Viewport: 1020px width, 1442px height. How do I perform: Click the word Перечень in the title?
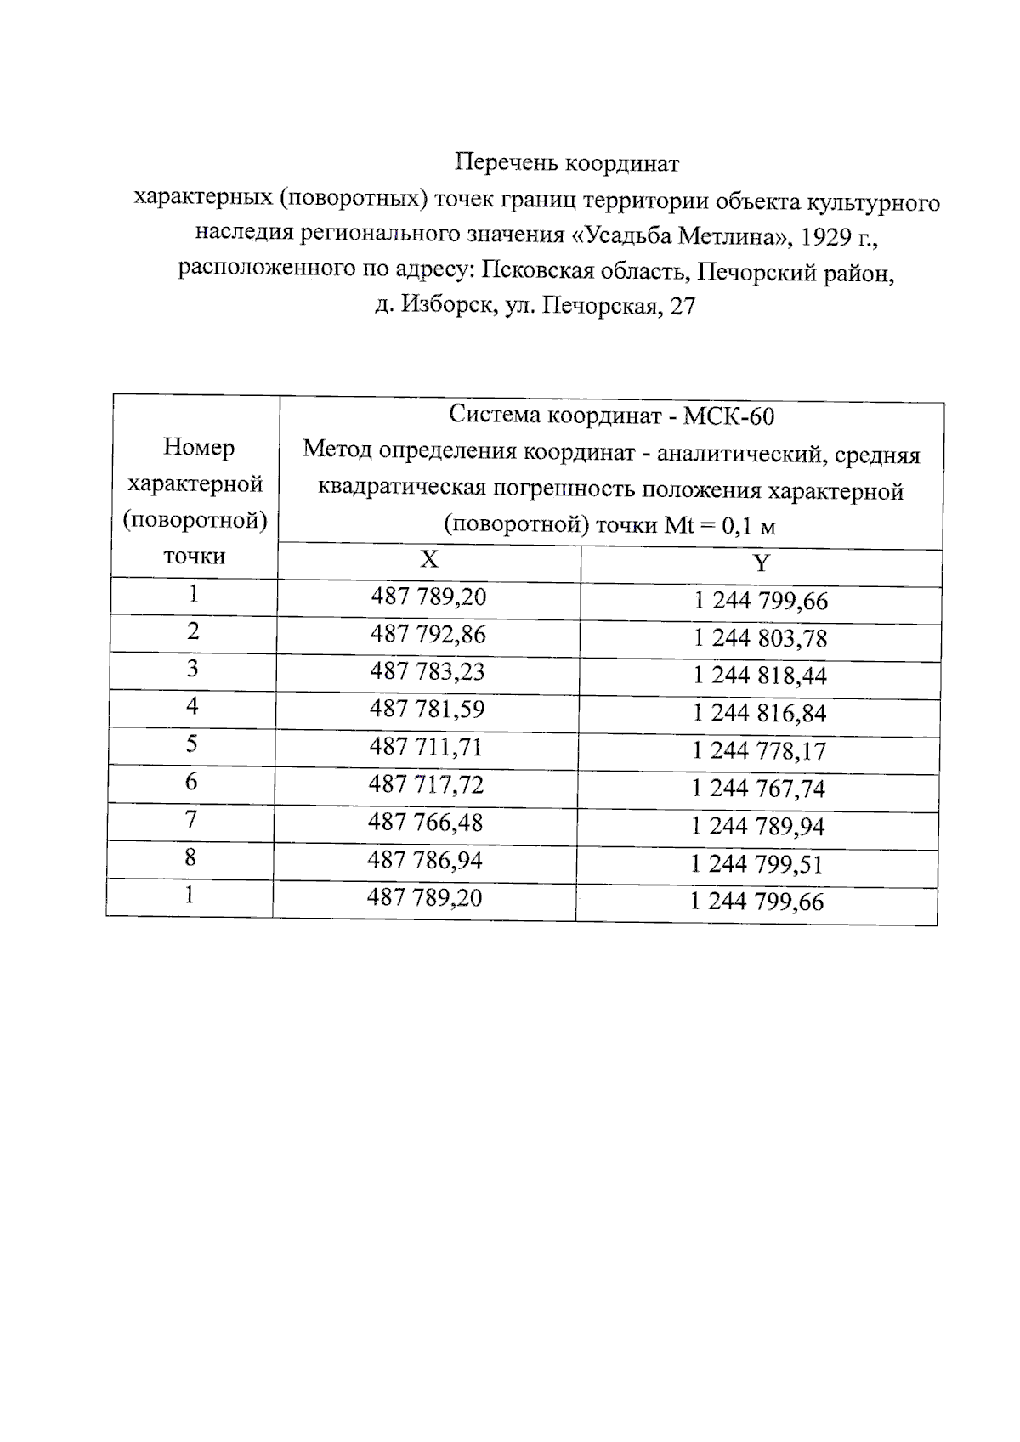click(x=506, y=162)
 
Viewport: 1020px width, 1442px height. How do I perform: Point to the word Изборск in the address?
click(x=449, y=305)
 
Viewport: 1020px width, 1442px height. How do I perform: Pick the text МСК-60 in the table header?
click(x=729, y=416)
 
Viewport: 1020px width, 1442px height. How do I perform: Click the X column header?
click(x=429, y=559)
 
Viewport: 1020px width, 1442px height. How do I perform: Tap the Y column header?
click(x=761, y=563)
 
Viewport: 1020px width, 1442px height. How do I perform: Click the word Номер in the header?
click(x=199, y=448)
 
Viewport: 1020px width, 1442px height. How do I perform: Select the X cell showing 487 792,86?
click(x=428, y=635)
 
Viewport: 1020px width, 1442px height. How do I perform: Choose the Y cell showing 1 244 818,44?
click(x=760, y=676)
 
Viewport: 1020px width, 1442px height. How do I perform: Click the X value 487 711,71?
click(x=426, y=747)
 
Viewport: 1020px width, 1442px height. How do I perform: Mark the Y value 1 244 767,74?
click(x=758, y=789)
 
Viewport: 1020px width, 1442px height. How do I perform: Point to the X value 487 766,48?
click(x=425, y=823)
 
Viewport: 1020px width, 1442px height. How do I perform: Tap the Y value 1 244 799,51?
click(x=756, y=864)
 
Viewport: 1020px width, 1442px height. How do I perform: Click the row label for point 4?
click(x=192, y=706)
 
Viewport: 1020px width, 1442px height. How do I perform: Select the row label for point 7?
click(x=191, y=819)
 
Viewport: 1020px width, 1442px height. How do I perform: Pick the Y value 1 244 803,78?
click(x=760, y=639)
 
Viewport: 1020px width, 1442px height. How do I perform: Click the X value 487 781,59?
click(x=427, y=710)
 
